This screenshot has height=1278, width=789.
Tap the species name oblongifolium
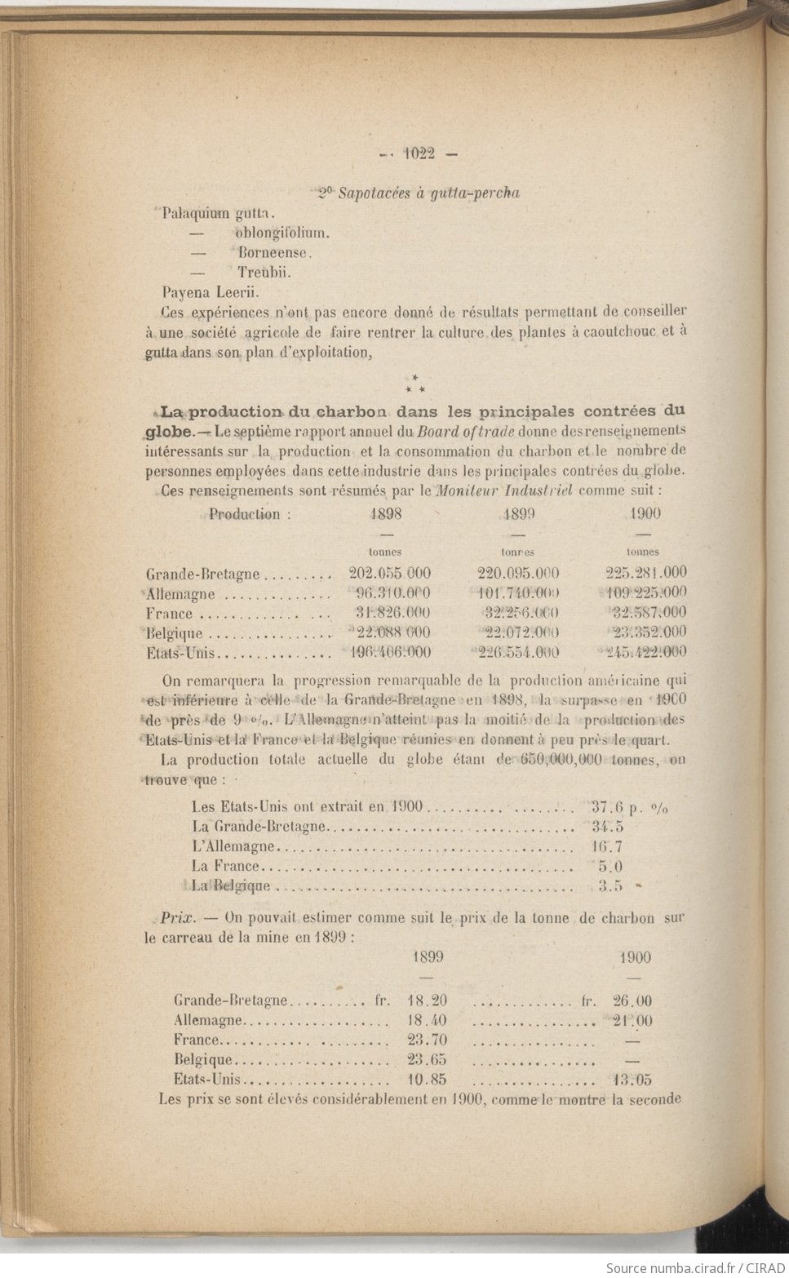click(x=282, y=233)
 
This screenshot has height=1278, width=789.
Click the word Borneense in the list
click(x=276, y=252)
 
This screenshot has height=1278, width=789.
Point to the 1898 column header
click(x=385, y=513)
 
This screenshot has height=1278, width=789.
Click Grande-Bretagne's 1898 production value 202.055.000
click(x=390, y=573)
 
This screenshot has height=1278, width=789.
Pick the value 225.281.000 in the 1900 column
click(x=646, y=572)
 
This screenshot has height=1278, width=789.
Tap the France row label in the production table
click(x=170, y=614)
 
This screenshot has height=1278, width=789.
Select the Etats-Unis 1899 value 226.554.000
click(x=518, y=652)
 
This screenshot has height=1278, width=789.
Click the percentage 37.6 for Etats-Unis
click(x=607, y=807)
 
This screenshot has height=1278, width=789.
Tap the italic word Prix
click(x=176, y=917)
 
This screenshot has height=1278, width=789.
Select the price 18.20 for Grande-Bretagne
click(x=427, y=1001)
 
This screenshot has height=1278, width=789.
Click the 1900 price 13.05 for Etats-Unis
click(x=632, y=1080)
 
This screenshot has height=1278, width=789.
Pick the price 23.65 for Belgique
click(x=427, y=1060)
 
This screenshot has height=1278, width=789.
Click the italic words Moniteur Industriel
click(x=505, y=490)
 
